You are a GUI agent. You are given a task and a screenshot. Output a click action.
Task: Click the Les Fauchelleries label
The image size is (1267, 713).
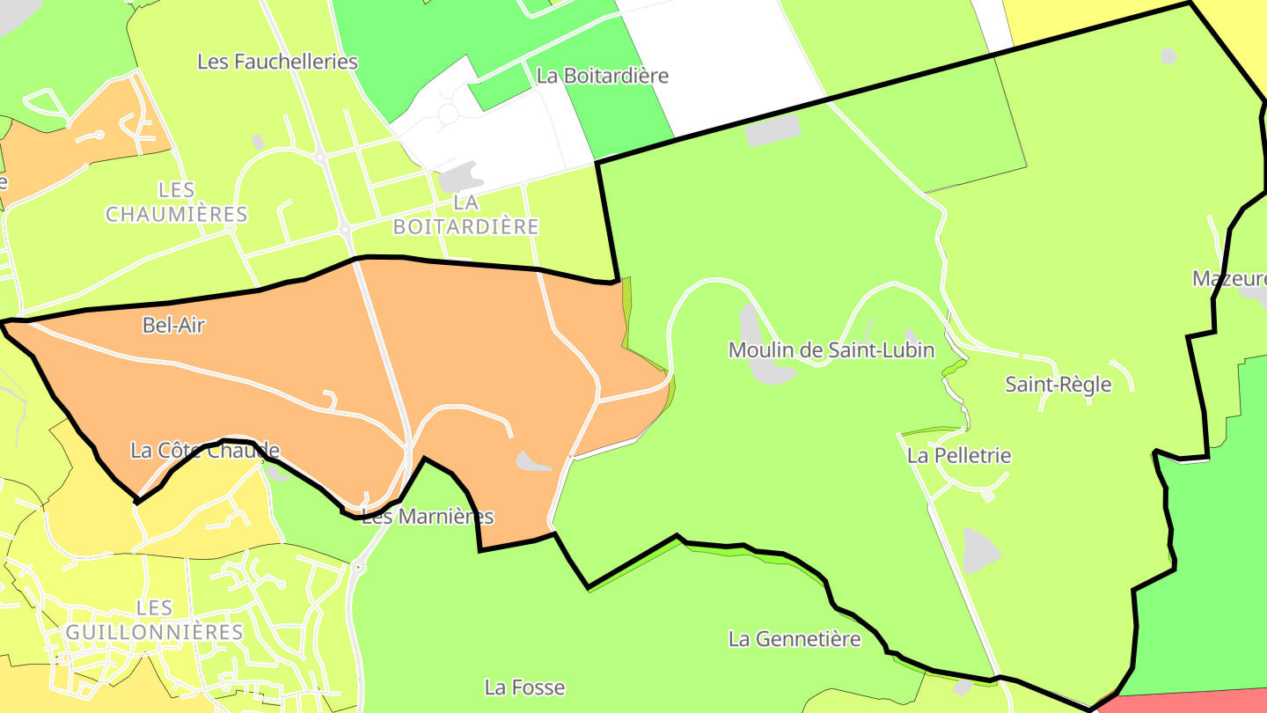coord(277,62)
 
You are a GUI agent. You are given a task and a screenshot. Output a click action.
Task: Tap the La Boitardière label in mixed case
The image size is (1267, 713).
coord(602,76)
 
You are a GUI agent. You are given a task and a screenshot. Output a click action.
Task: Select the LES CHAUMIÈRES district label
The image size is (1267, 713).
coord(177,202)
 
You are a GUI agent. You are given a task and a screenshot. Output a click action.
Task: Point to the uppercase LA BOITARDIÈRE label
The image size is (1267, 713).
coord(465,215)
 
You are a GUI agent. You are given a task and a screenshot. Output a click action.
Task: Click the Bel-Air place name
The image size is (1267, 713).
coord(173,326)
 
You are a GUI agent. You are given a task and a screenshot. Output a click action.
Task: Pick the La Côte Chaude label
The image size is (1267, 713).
coord(205,451)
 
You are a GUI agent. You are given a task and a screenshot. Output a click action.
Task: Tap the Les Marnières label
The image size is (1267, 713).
coord(428,517)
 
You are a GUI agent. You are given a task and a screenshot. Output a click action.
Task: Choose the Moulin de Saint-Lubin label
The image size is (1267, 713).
coord(831,350)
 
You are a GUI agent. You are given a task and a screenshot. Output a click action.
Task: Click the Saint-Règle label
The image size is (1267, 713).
coord(1058,385)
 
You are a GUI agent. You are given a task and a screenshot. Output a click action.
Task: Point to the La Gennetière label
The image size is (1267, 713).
coord(794,639)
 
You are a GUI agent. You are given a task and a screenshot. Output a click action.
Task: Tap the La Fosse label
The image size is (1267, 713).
coord(524,687)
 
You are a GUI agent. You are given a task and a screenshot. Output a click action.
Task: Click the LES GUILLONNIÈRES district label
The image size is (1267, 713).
coord(155,621)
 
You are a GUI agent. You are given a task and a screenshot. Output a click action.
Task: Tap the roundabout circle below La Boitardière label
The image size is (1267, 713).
coord(448,114)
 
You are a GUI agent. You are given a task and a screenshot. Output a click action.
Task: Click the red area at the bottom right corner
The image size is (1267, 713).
coord(1188,702)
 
